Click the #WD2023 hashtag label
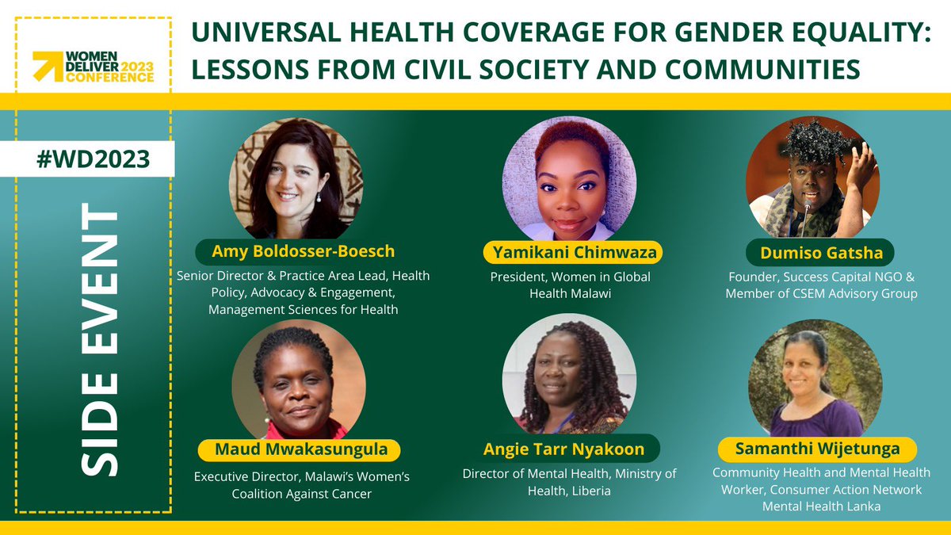coord(94,159)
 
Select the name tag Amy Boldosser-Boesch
coord(304,252)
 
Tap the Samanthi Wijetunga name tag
coord(817,449)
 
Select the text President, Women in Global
coord(569,277)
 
